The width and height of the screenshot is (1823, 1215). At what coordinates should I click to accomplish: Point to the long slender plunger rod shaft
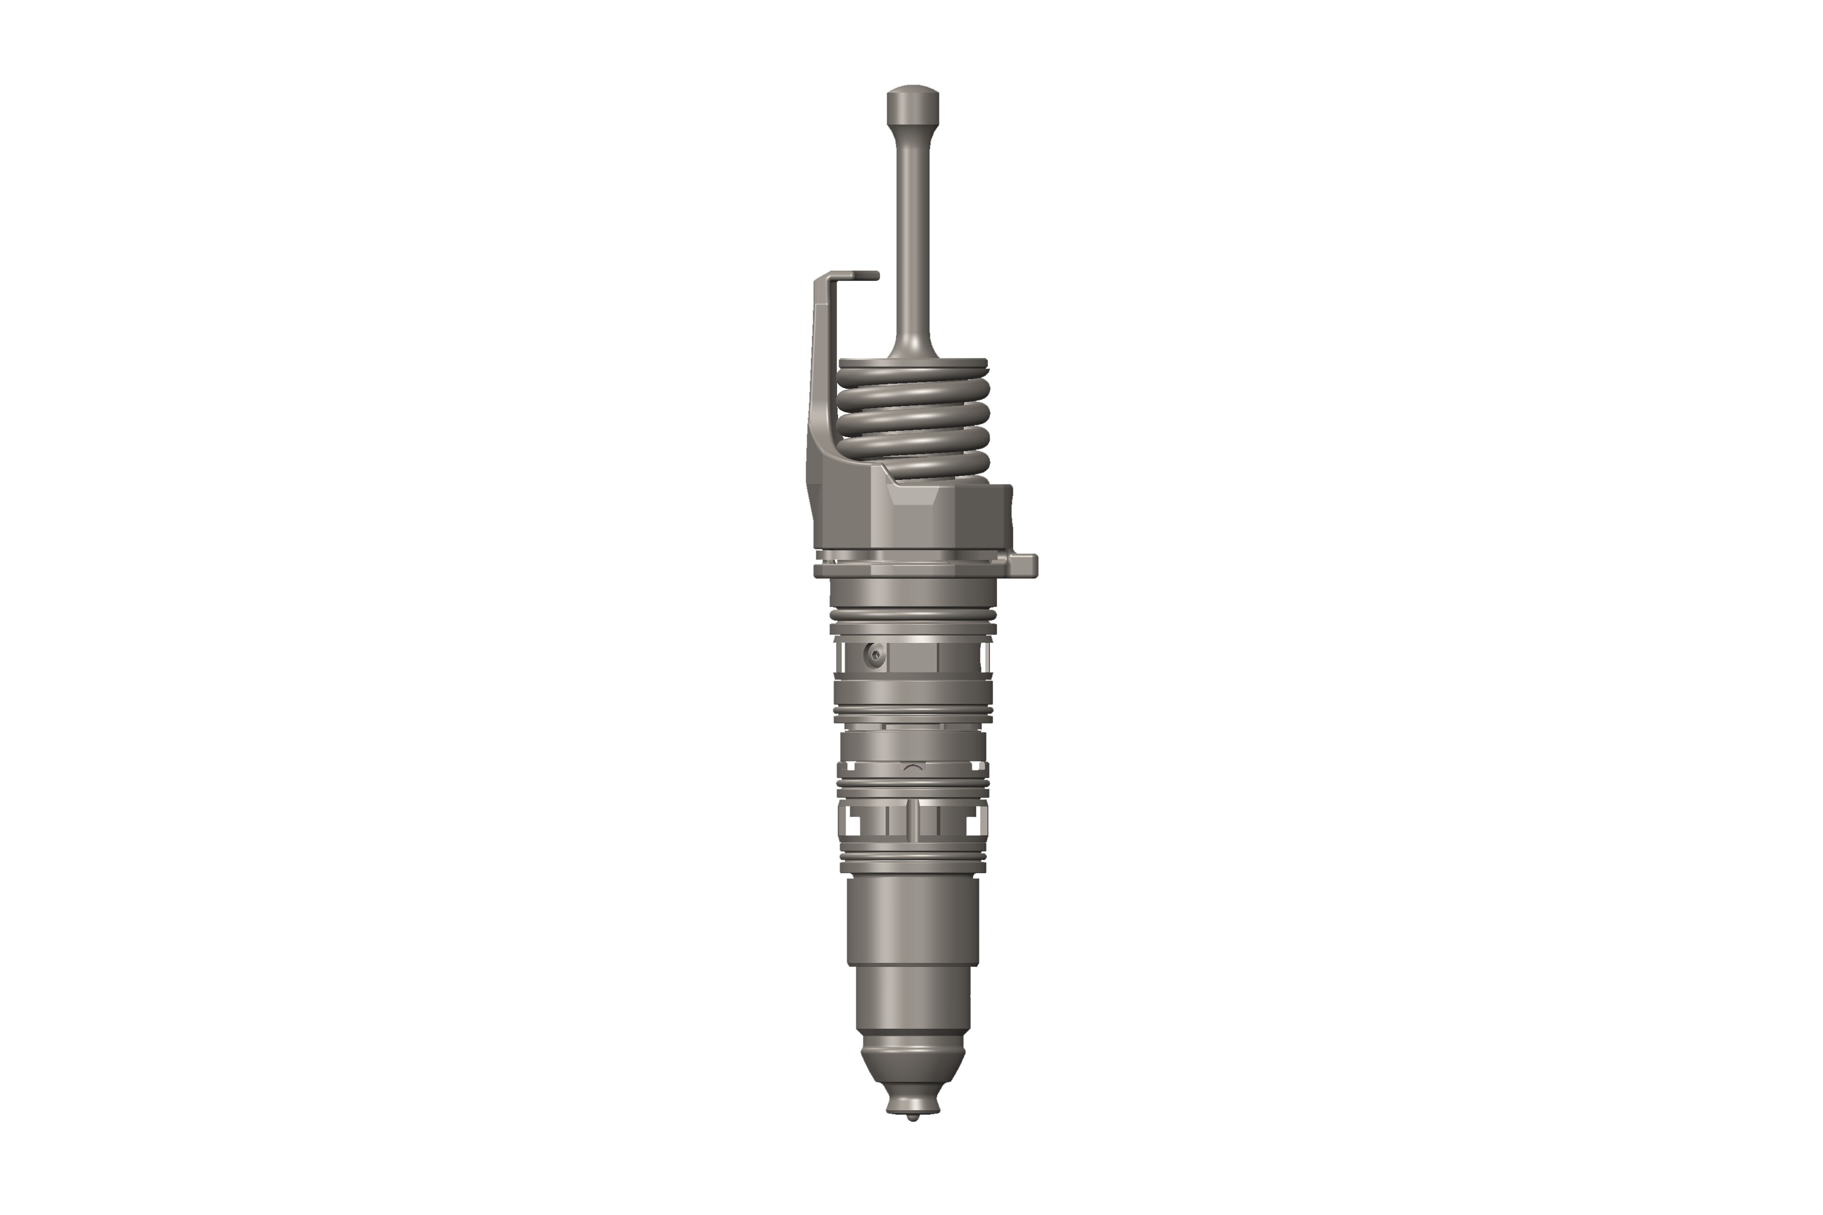913,232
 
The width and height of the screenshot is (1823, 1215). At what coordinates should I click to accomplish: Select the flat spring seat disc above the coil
913,362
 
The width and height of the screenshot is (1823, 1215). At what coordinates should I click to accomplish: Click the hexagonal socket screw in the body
875,657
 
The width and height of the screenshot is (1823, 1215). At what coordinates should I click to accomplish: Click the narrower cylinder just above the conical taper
913,1003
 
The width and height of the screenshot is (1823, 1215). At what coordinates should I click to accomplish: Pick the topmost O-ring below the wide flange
913,615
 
